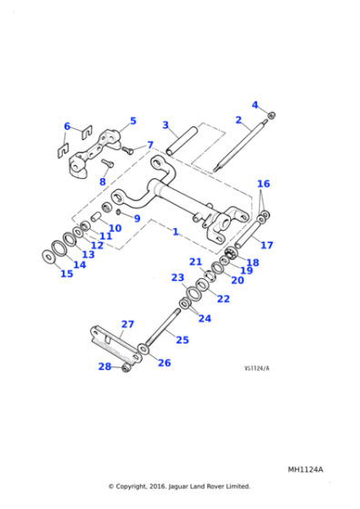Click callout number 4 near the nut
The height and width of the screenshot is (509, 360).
(x=255, y=105)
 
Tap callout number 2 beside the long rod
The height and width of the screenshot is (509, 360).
(x=238, y=120)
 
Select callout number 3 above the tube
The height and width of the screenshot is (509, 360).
(x=165, y=125)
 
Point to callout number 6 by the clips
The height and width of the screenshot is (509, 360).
(x=66, y=126)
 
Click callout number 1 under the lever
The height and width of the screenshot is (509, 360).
(x=175, y=232)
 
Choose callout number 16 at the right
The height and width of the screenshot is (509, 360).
(x=264, y=184)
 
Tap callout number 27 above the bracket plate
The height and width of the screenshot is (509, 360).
(x=127, y=324)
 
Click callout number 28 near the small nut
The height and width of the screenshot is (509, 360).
(x=104, y=366)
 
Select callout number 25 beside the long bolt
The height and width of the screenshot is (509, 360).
(x=182, y=340)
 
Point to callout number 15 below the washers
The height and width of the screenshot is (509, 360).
(x=66, y=274)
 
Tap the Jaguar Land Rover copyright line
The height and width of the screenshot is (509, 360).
(x=179, y=486)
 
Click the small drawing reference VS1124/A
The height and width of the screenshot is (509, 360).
(x=257, y=368)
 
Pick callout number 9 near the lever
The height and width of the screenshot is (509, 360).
(x=136, y=218)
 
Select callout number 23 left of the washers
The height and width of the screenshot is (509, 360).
(x=177, y=277)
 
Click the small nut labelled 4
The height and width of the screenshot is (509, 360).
(x=272, y=115)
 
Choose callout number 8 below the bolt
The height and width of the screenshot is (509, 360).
(x=103, y=182)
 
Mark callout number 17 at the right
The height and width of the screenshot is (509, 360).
(x=266, y=245)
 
